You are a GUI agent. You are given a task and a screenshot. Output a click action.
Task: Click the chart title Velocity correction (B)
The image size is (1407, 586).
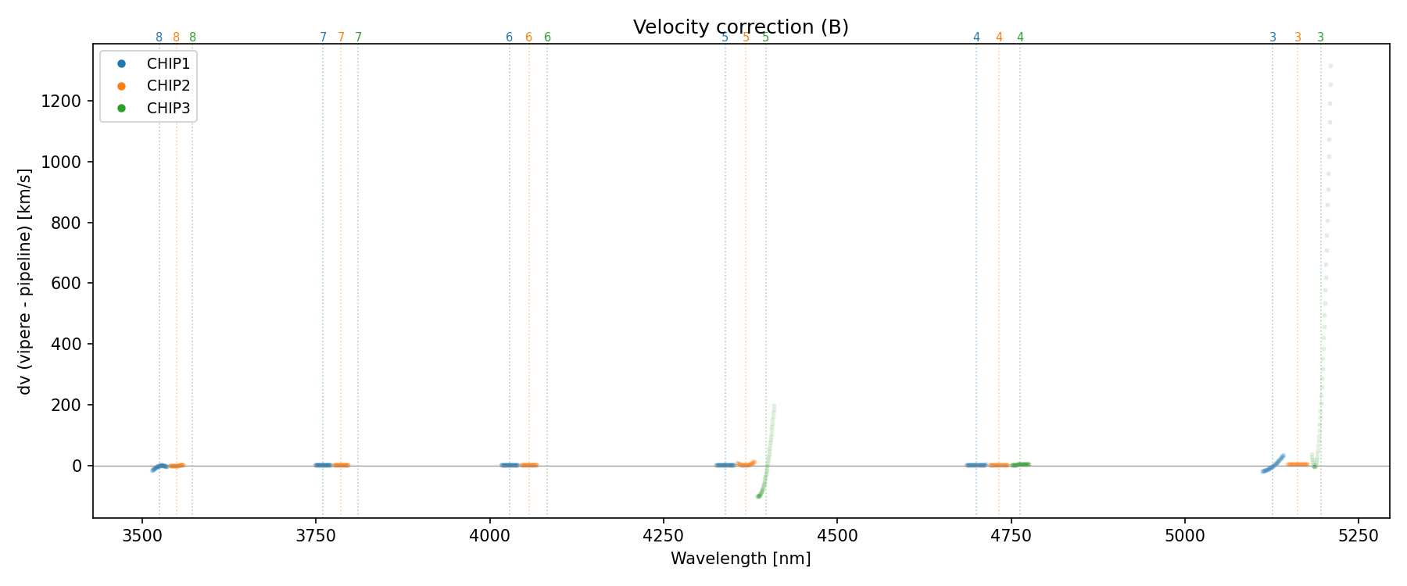click(x=740, y=27)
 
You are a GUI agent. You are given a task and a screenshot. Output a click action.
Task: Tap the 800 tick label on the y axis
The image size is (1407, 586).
click(x=69, y=223)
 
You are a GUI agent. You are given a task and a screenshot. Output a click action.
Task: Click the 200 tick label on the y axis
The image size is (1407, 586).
click(x=69, y=405)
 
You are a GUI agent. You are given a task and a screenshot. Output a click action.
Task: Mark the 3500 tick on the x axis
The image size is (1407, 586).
click(x=142, y=535)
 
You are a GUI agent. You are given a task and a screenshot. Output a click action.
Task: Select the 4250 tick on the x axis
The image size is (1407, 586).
click(x=663, y=535)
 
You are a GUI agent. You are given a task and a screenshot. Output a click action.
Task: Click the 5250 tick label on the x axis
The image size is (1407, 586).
click(x=1358, y=535)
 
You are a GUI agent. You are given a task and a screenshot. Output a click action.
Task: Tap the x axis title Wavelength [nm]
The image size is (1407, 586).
click(x=740, y=559)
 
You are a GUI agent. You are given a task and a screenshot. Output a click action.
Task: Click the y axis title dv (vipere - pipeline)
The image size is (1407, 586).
click(x=25, y=281)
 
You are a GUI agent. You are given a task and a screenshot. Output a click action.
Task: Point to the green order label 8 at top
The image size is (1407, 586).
click(x=193, y=38)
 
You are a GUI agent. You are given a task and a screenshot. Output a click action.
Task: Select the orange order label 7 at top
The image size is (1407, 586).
click(x=341, y=38)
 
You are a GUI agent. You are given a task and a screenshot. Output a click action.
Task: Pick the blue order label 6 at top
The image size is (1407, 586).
click(x=510, y=38)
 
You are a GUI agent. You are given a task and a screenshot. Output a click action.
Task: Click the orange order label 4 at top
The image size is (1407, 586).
click(x=999, y=38)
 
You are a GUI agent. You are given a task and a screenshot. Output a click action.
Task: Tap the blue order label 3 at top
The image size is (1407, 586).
click(x=1273, y=38)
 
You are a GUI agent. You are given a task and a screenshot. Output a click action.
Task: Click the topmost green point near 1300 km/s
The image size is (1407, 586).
click(x=1330, y=66)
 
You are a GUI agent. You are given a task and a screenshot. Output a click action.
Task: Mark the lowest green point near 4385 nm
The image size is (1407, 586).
click(x=757, y=496)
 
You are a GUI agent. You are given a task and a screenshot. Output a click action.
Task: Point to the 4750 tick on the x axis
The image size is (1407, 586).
click(x=1011, y=535)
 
